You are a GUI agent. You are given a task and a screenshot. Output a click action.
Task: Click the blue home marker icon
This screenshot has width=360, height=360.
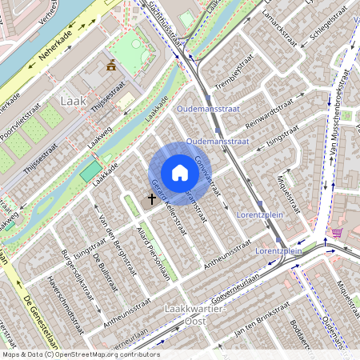pyautogui.click(x=180, y=173)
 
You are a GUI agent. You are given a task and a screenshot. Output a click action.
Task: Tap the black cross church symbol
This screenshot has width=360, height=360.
pyautogui.click(x=152, y=197)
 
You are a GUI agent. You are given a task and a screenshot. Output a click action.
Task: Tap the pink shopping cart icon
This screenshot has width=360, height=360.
pyautogui.click(x=337, y=232)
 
